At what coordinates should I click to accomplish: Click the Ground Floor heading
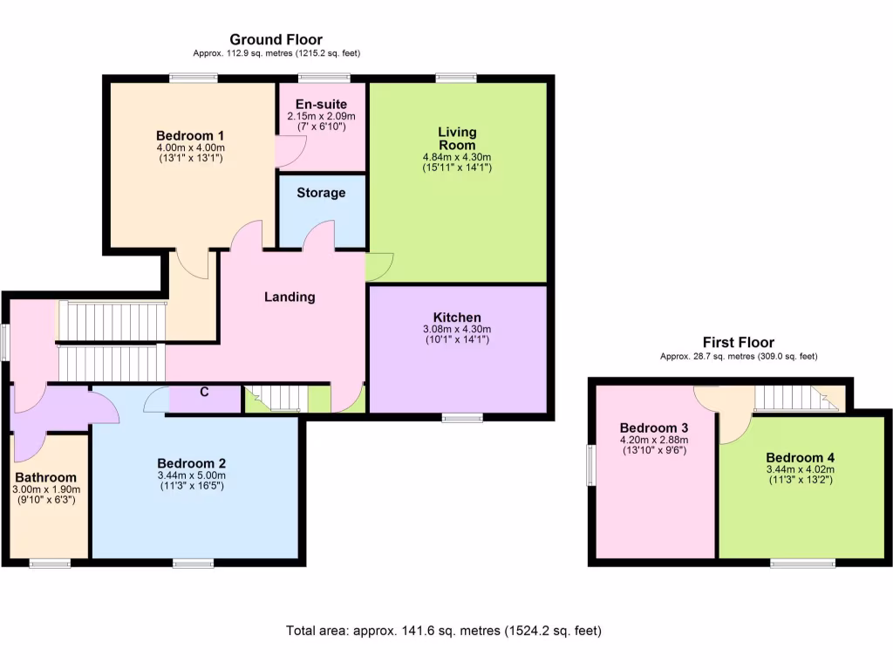tap(276, 39)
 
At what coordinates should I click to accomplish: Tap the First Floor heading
tap(738, 343)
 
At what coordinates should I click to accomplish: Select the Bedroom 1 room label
tap(190, 135)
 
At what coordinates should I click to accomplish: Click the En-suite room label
tap(321, 104)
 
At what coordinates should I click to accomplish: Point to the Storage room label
tap(321, 193)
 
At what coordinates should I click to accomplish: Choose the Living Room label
tap(457, 138)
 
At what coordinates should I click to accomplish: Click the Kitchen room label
tap(457, 317)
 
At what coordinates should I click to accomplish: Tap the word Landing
tap(290, 297)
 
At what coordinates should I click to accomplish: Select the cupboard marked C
tap(204, 392)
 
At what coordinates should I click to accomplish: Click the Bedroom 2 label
tap(192, 462)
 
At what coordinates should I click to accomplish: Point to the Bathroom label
tap(46, 477)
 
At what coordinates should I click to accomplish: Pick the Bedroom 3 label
tap(654, 428)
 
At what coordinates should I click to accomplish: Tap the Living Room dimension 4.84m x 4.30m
tap(457, 157)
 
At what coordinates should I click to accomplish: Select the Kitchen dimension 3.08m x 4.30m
tap(457, 329)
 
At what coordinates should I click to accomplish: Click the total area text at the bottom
tap(444, 630)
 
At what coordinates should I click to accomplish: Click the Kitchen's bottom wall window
tap(462, 418)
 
